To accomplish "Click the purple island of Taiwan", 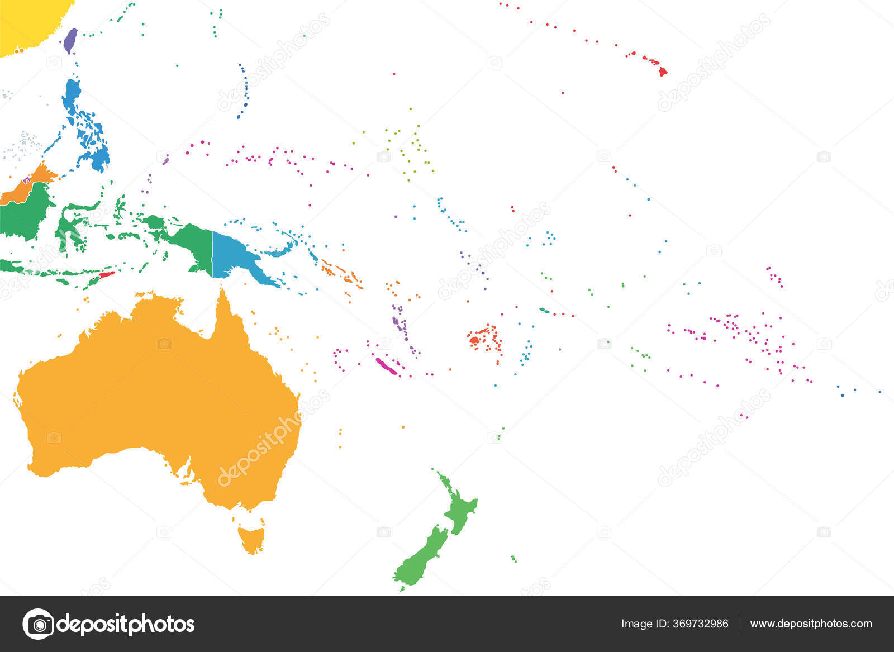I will [x=70, y=40].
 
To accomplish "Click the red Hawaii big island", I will [x=663, y=72].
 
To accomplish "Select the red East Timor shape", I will [x=106, y=275].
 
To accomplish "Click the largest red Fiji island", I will [x=474, y=339].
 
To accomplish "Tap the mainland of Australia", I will [x=156, y=391].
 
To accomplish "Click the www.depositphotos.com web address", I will [x=811, y=624].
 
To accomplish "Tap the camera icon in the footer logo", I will [x=38, y=624].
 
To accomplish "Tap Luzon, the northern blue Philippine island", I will [x=72, y=95].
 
